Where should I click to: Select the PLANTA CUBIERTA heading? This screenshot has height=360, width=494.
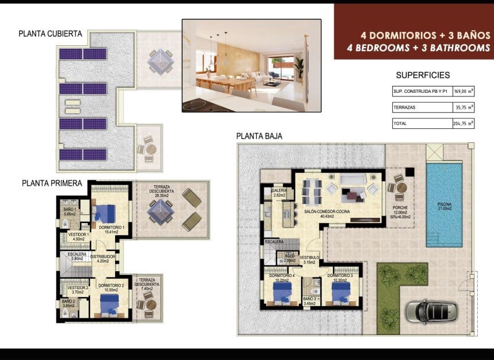51,34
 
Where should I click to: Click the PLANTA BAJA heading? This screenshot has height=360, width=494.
259,136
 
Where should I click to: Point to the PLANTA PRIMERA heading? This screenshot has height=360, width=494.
52,182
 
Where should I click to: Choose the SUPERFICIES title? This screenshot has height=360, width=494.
423,75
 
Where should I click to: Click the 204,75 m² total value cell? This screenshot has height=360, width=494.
463,124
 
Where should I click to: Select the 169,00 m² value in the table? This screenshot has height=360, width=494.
463,91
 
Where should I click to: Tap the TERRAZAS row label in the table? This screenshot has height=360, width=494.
404,107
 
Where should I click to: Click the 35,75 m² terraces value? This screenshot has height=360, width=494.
463,107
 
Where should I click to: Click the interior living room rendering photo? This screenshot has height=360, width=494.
252,66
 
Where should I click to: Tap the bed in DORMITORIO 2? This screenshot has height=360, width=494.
109,305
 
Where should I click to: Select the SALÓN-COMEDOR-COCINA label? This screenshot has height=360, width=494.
327,213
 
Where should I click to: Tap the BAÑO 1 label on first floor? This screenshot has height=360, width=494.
70,210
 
